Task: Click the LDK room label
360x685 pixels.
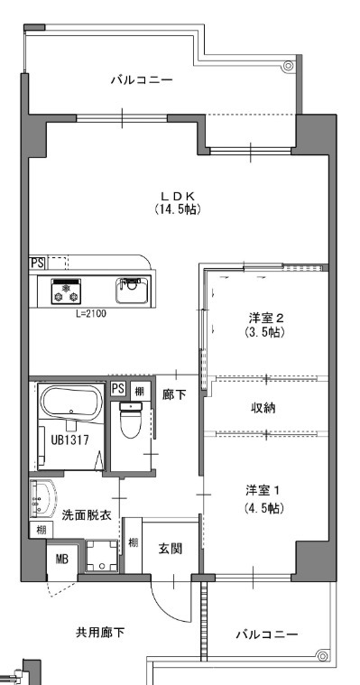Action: pyautogui.click(x=177, y=195)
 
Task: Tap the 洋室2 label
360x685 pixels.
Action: pyautogui.click(x=266, y=318)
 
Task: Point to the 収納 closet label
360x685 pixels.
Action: pyautogui.click(x=263, y=408)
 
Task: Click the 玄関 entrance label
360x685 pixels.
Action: pyautogui.click(x=171, y=548)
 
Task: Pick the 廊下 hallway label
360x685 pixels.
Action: pyautogui.click(x=173, y=393)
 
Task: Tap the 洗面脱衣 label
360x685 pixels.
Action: pyautogui.click(x=87, y=515)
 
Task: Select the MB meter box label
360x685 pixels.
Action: pyautogui.click(x=62, y=560)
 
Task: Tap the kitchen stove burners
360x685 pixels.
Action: pyautogui.click(x=67, y=292)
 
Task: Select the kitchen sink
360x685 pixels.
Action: pyautogui.click(x=132, y=291)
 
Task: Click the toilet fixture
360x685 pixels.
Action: pyautogui.click(x=132, y=420)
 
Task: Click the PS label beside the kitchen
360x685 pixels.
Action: pyautogui.click(x=37, y=263)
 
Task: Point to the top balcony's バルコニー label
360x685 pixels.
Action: pyautogui.click(x=142, y=80)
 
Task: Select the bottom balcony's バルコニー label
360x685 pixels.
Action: pyautogui.click(x=266, y=634)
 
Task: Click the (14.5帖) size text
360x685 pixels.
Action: pyautogui.click(x=177, y=209)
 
